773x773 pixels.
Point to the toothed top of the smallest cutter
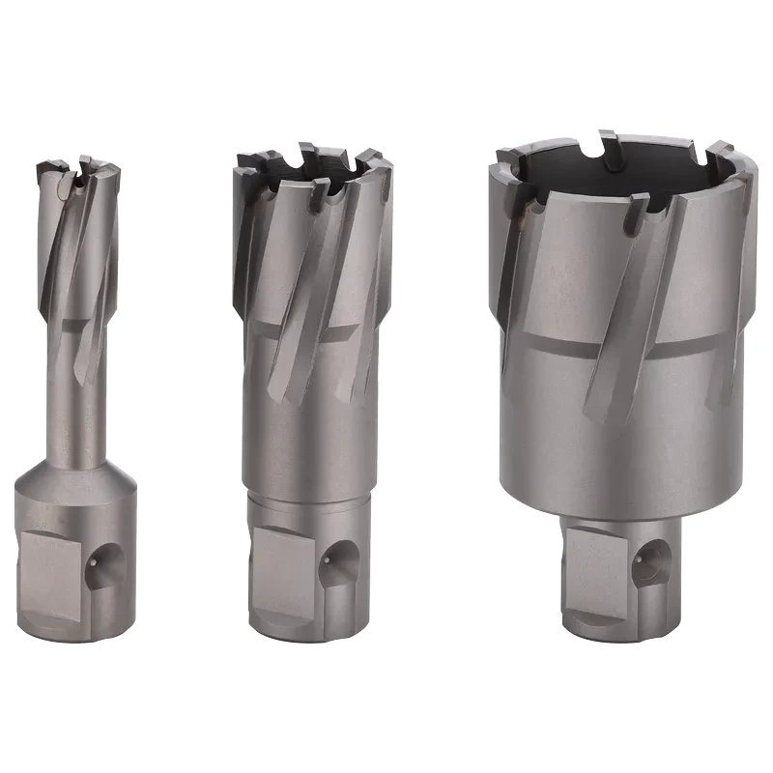[77, 174]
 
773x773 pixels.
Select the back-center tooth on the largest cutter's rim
[607, 140]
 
